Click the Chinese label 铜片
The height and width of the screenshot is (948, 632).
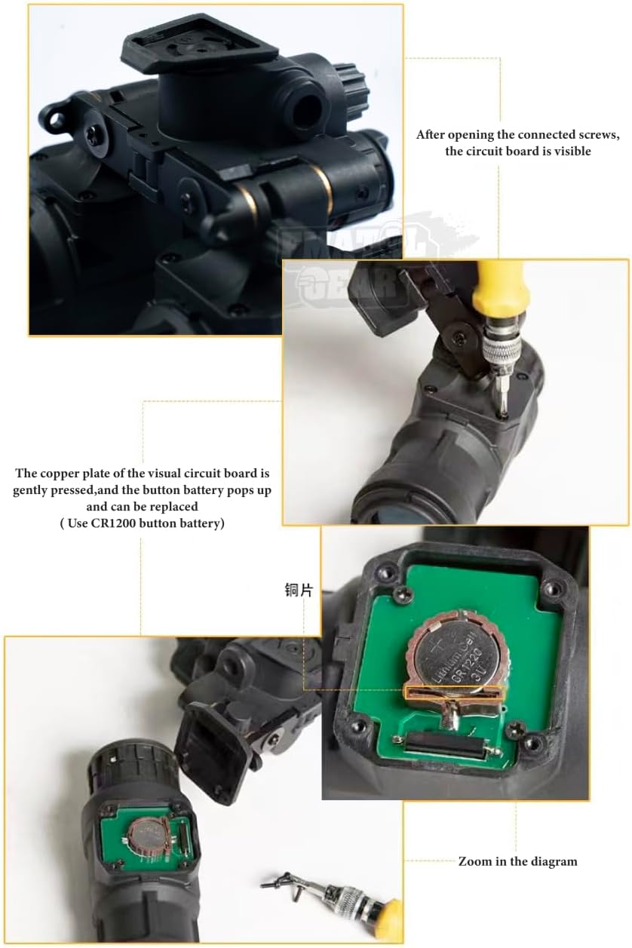pyautogui.click(x=299, y=590)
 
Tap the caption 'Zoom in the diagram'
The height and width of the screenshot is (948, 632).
pyautogui.click(x=517, y=861)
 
